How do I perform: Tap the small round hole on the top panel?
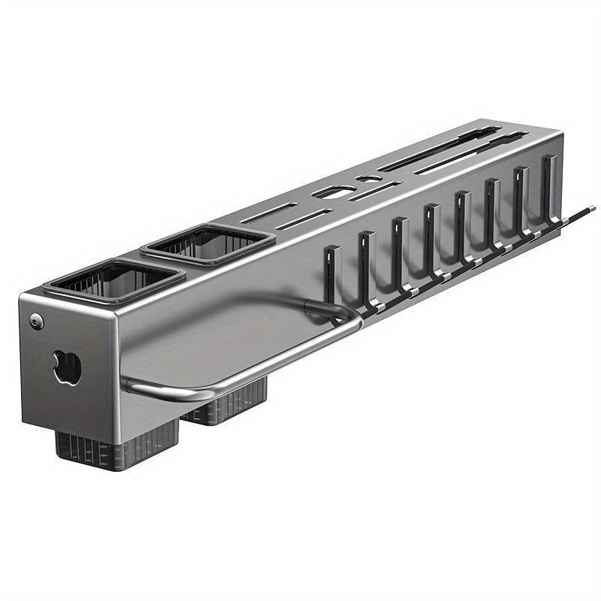coord(365,180)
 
